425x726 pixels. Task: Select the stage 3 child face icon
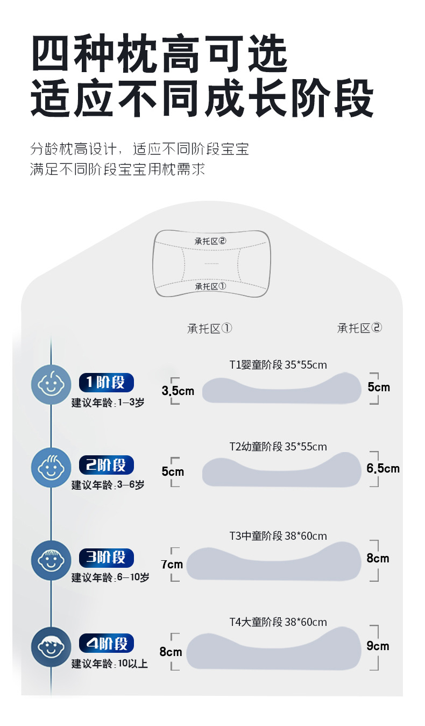51,560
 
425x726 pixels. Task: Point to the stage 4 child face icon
51,647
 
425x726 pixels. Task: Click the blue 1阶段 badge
106,383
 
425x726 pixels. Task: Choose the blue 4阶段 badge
106,643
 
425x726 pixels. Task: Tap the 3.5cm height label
178,391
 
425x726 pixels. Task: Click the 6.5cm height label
383,468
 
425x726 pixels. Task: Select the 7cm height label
172,565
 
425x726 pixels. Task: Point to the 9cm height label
378,646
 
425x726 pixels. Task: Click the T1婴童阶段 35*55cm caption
278,365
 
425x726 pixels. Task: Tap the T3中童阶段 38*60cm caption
278,536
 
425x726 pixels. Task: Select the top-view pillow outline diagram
212,263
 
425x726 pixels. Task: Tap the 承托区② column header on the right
359,328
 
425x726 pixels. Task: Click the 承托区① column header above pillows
209,328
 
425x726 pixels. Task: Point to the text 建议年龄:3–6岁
108,485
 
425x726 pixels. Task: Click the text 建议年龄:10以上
109,664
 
